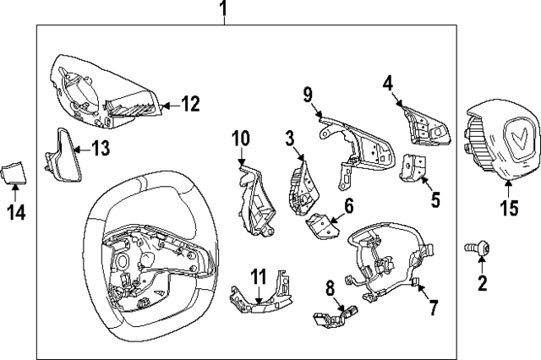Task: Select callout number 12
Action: (190, 105)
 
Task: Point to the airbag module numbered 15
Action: (498, 137)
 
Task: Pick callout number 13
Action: (100, 149)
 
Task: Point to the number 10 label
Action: (241, 136)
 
